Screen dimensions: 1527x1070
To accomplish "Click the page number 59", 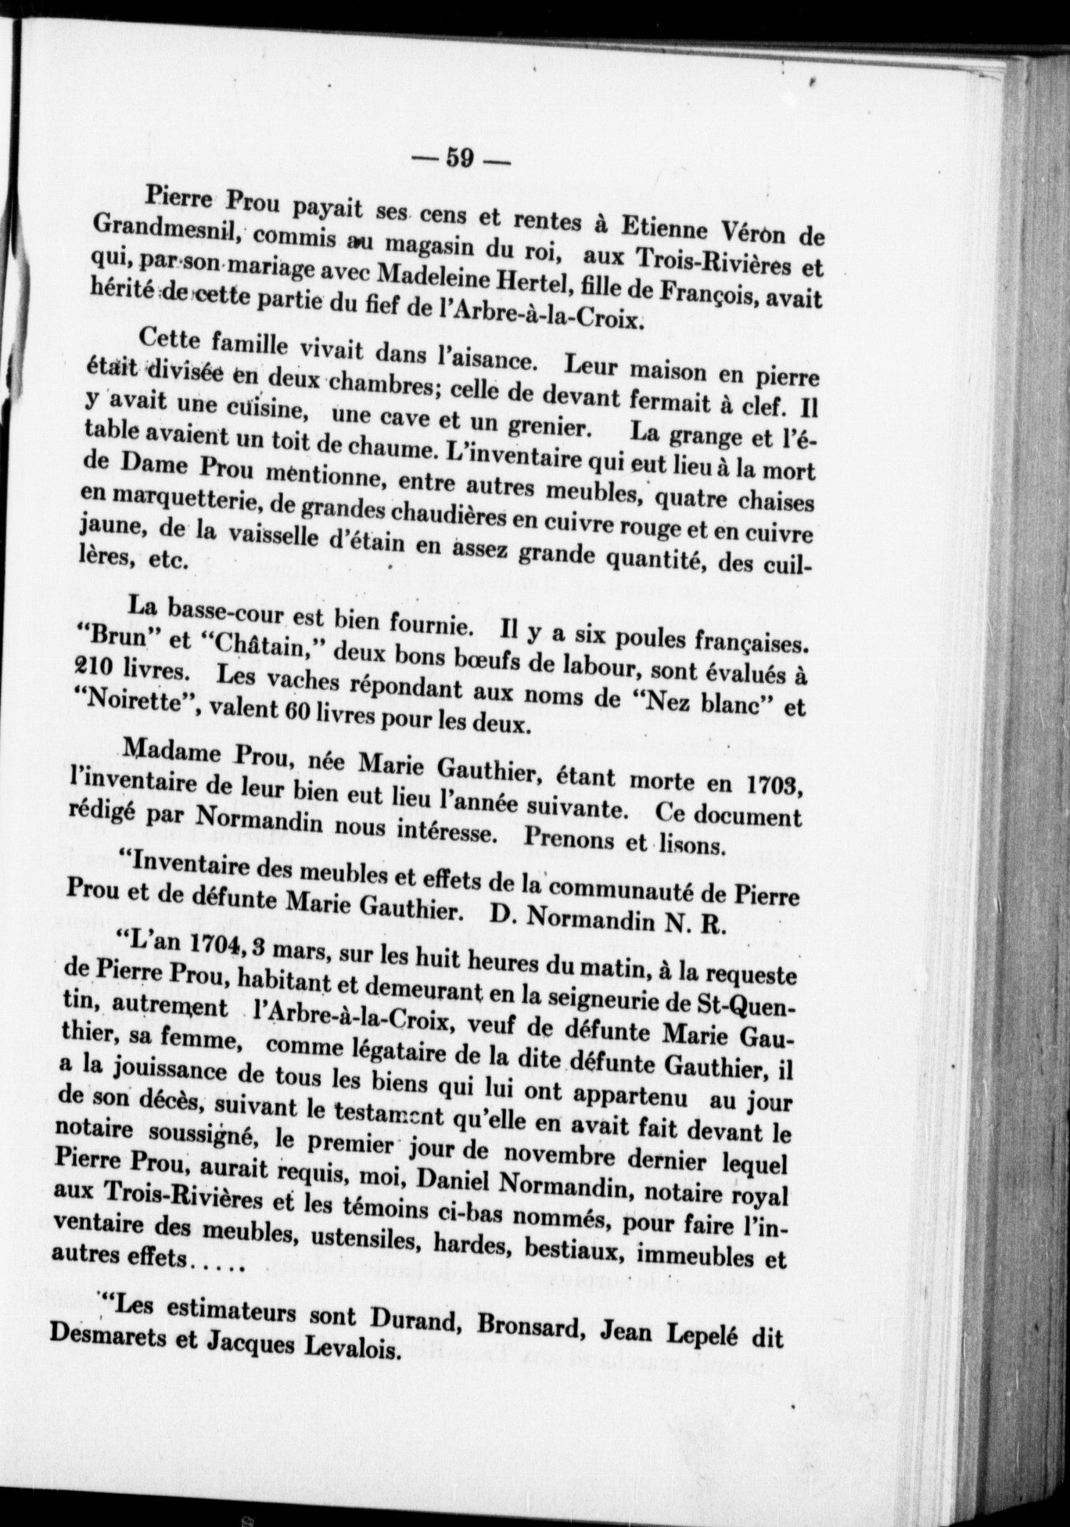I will [459, 159].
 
